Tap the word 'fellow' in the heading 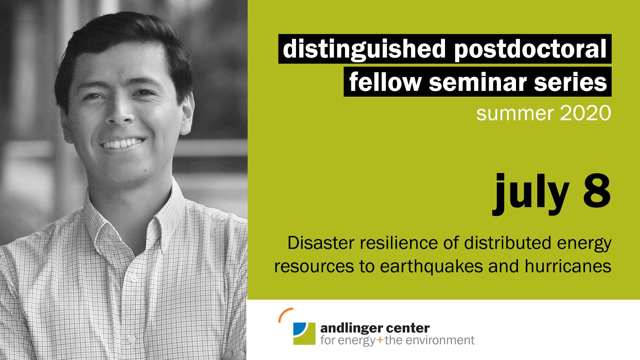(x=385, y=81)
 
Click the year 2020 (x=585, y=113)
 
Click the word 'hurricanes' (x=568, y=266)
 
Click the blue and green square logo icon (x=304, y=333)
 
